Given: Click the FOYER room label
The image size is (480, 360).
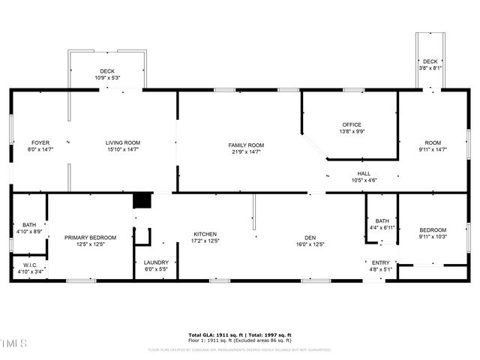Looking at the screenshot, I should pos(40,142).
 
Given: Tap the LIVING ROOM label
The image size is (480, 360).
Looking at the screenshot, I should pos(123,142).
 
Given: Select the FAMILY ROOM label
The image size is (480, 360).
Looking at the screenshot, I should pos(246,145).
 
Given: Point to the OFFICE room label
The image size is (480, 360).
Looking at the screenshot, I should pos(352,124).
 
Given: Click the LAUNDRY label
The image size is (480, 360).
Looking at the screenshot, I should pos(156,262).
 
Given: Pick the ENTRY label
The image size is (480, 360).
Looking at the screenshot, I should pos(381,262).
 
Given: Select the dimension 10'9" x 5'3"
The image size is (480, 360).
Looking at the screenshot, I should pos(107,77).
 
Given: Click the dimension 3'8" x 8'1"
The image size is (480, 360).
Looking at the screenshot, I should pos(430,67).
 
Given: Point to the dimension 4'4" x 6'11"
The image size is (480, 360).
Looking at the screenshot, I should pos(382,227).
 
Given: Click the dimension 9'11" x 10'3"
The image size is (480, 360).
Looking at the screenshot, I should pos(433,237).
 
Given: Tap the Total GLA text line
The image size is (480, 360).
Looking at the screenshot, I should pos(239,334).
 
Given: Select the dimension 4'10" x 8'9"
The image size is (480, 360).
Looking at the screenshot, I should pos(29,232).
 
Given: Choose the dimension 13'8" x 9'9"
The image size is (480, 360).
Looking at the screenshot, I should pos(352,131).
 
